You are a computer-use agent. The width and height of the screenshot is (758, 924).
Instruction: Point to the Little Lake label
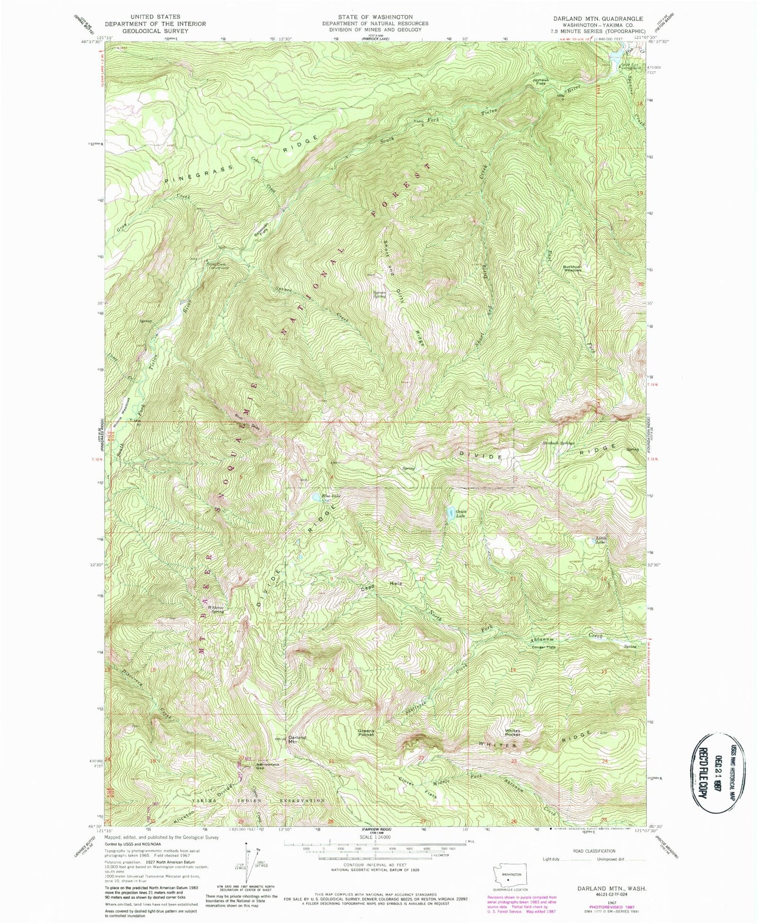coord(601,540)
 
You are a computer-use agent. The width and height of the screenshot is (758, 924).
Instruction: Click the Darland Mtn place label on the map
coord(297,740)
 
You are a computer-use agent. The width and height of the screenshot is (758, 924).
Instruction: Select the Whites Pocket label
coord(512,733)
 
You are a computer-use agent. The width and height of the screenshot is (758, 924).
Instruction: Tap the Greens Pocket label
coord(366,733)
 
